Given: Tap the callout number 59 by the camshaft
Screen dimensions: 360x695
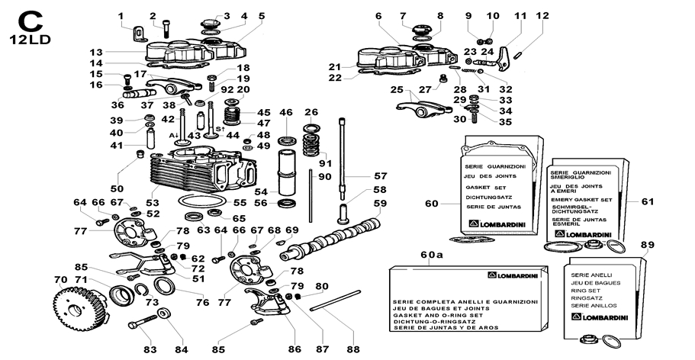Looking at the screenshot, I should click(380, 204).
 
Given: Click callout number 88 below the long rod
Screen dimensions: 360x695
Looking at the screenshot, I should click(352, 349).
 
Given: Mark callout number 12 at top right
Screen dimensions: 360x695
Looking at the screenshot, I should click(542, 16).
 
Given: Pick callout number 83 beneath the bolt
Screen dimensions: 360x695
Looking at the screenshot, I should click(150, 349).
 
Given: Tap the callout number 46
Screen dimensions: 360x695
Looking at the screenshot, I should click(286, 113).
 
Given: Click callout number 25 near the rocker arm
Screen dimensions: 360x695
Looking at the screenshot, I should click(395, 90).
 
